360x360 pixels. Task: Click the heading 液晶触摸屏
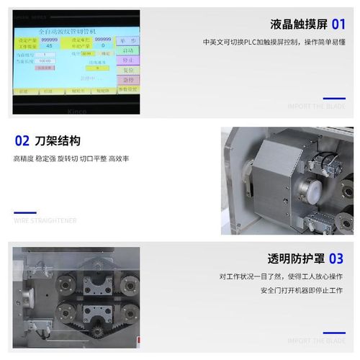click(300, 24)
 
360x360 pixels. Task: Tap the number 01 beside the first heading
click(338, 24)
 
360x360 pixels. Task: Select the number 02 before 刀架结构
click(22, 140)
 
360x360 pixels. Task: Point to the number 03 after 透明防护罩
click(336, 258)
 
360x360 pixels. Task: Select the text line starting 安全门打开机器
click(301, 291)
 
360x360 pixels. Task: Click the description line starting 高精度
click(71, 158)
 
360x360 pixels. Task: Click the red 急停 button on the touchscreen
click(127, 80)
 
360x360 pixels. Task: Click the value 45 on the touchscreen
click(49, 45)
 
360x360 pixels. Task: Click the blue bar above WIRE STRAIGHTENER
click(25, 212)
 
